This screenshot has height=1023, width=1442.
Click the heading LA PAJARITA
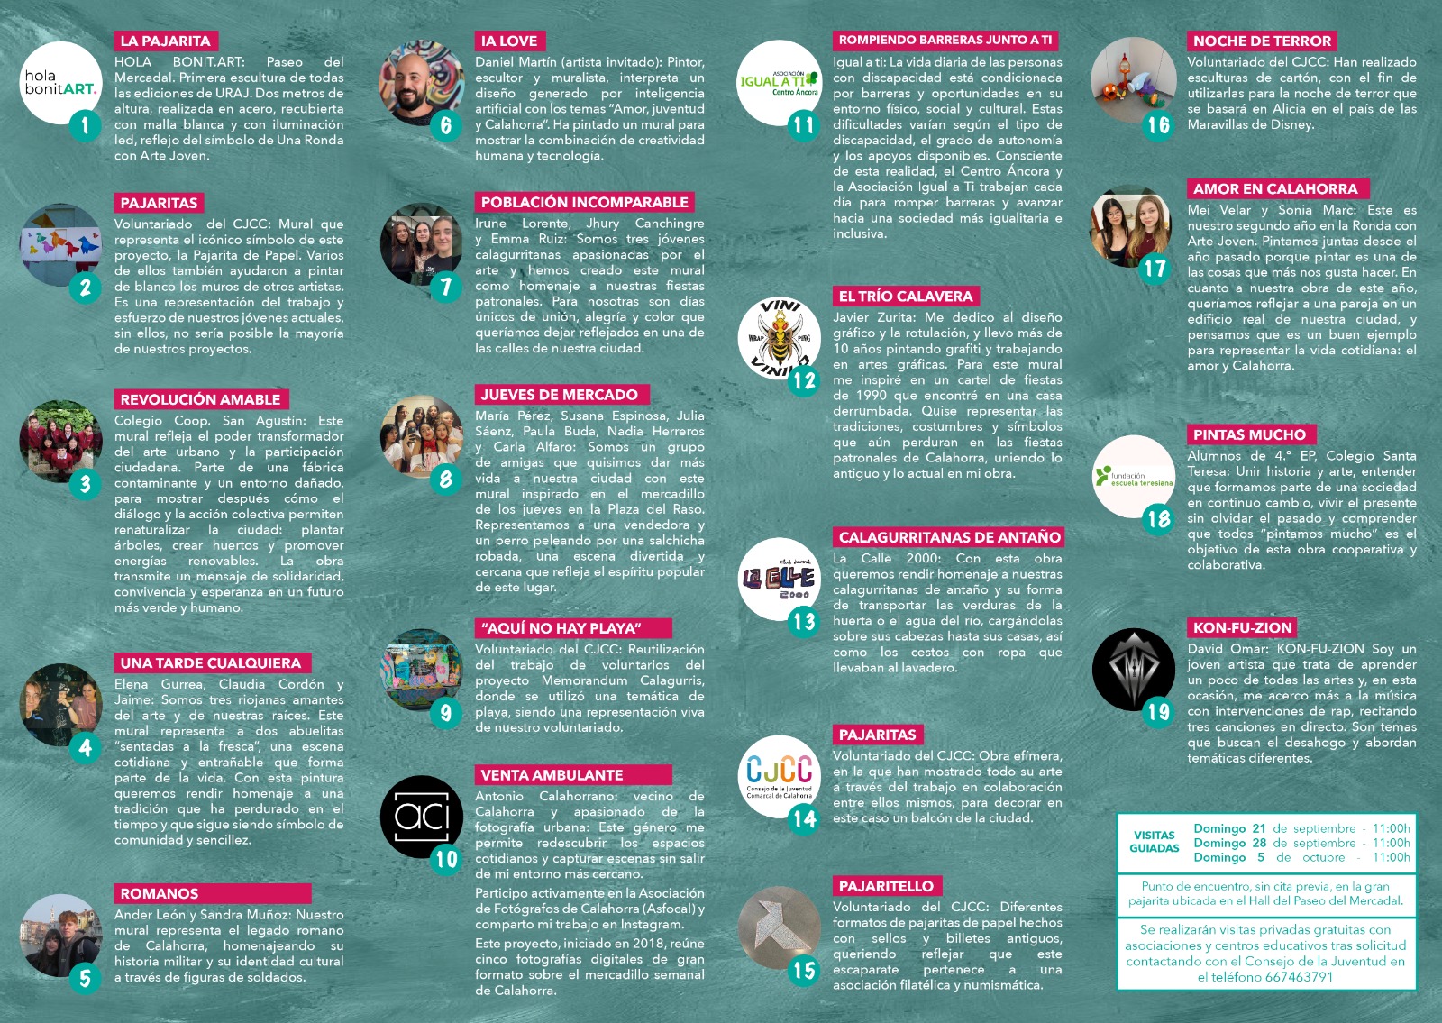(165, 41)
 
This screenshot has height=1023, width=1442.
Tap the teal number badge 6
(445, 124)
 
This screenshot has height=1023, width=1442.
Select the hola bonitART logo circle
(60, 82)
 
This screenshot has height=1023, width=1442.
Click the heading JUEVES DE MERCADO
(559, 395)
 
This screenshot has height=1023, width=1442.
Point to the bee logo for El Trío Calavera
(778, 338)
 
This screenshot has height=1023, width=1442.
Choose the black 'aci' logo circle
(422, 817)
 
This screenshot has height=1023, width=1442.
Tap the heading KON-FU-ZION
(1242, 627)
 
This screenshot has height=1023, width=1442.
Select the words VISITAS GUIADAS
(1155, 842)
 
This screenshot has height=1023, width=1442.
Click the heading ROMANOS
(159, 893)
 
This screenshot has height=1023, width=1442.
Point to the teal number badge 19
(1158, 713)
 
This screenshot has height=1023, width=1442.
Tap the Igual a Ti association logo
(779, 82)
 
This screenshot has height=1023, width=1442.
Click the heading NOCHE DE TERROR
(1261, 41)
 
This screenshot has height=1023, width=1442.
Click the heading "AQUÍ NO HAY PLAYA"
(561, 628)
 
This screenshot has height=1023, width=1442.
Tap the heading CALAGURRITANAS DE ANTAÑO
(949, 537)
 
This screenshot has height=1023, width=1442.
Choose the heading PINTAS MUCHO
(1249, 434)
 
